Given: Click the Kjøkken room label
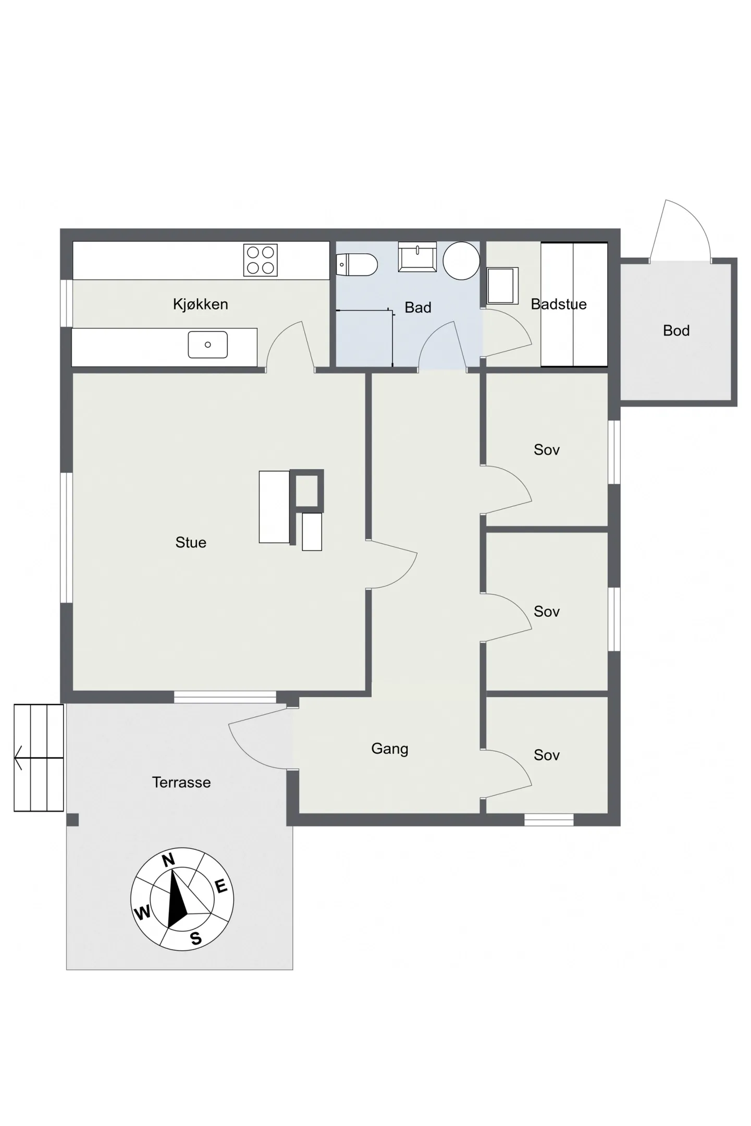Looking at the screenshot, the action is [x=200, y=304].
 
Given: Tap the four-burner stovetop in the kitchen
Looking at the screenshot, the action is [x=260, y=260].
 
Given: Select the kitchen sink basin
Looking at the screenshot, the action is [x=207, y=345].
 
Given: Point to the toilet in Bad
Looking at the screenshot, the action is [x=356, y=265].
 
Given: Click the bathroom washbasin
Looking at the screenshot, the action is [x=417, y=256].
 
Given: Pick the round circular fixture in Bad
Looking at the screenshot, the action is [x=461, y=261].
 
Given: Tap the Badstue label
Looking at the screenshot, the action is [x=559, y=304].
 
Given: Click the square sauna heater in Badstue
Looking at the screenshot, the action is [x=502, y=286].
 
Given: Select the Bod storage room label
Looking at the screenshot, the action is [x=676, y=331].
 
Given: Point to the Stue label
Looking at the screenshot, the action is [x=191, y=543].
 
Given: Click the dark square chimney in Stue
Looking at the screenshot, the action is [x=306, y=490].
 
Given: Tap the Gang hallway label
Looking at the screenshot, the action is [x=389, y=749].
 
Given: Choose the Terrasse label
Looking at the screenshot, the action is [x=181, y=782].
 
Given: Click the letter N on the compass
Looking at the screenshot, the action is [x=168, y=860].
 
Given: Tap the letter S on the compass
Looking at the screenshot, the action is [x=195, y=938].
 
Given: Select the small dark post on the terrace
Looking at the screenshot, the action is [x=72, y=819].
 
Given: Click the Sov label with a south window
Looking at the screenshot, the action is [x=546, y=755].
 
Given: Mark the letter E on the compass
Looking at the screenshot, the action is [x=221, y=886].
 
